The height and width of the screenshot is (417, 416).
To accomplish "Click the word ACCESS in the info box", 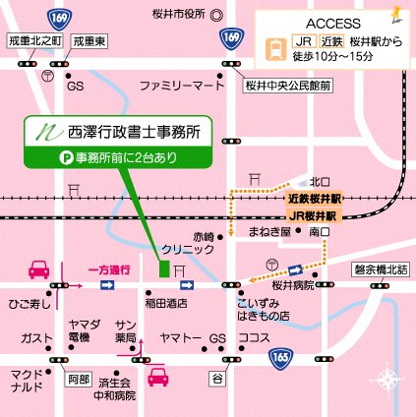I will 334,21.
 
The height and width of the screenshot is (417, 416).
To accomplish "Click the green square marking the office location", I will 164,268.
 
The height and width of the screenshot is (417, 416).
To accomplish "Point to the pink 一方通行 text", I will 108,268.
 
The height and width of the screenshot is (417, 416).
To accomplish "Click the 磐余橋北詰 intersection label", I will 380,268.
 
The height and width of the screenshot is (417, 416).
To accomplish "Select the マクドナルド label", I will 26,381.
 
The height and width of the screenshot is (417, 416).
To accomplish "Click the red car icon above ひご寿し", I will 39,269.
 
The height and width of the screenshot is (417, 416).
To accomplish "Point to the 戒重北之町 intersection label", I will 34,40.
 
